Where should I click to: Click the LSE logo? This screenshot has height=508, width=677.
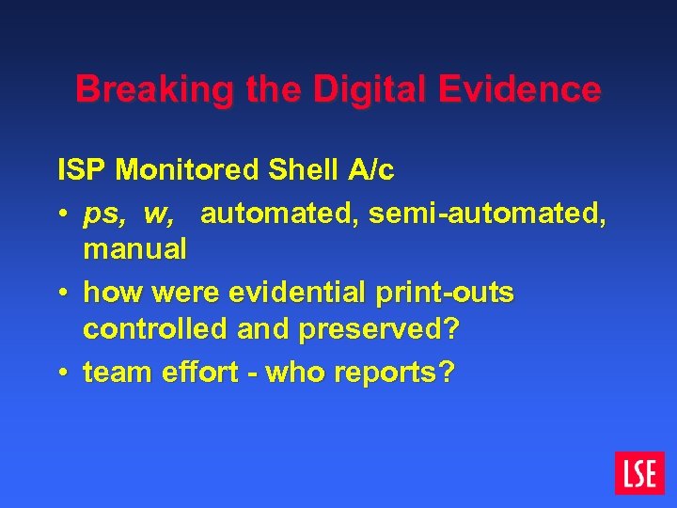(639, 472)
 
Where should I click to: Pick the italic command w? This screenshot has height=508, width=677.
(159, 215)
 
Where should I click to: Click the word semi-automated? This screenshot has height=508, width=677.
(488, 215)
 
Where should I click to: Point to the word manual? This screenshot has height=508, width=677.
(134, 249)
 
